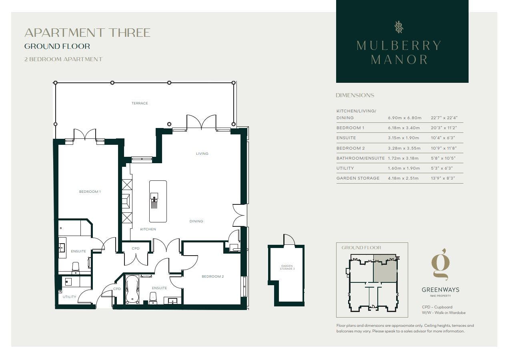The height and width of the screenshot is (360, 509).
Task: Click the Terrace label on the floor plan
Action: point(140,103)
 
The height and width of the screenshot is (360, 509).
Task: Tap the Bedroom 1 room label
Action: point(90,192)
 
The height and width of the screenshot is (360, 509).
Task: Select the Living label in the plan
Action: point(202,154)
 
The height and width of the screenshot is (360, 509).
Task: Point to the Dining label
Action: point(196,221)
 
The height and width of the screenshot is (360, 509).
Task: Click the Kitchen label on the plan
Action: point(148,229)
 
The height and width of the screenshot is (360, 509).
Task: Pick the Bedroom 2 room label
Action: point(213,276)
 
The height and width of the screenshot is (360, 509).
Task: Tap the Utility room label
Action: point(69,297)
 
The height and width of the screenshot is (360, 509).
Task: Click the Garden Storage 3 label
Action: point(287,267)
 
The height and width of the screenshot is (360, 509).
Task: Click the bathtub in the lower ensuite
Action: point(132,290)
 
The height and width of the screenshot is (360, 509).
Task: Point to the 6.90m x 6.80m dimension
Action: point(405,118)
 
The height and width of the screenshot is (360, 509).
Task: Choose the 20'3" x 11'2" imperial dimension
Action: point(444,128)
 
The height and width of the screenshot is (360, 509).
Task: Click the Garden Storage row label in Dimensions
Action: point(358,178)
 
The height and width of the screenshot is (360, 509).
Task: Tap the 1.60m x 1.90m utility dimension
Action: point(404,168)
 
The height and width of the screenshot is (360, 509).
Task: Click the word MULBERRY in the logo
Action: point(399,46)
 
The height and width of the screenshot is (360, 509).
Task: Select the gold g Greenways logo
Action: point(441,265)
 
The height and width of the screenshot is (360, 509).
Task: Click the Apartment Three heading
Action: point(88,33)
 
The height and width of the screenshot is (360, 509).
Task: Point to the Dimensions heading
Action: point(355,95)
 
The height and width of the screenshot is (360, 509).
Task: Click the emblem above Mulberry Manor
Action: point(399,27)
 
